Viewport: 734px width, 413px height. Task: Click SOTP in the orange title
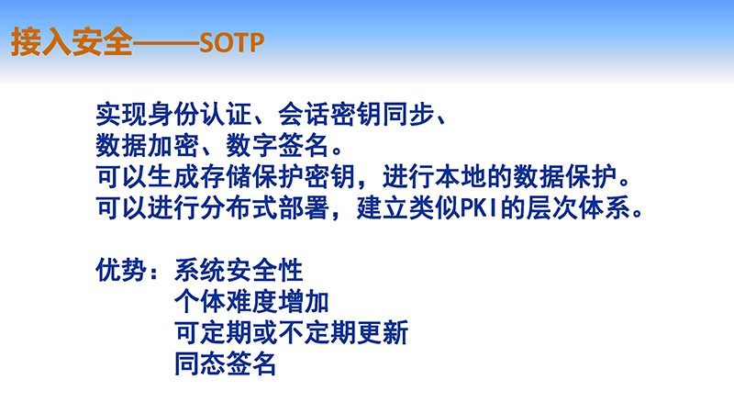pyautogui.click(x=232, y=42)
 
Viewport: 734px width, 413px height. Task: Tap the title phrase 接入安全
pyautogui.click(x=72, y=41)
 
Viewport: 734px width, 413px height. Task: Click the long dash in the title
pyautogui.click(x=166, y=43)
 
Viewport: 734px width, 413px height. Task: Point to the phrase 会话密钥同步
pyautogui.click(x=356, y=114)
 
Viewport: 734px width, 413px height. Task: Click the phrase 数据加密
pyautogui.click(x=148, y=145)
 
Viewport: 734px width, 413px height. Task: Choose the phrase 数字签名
pyautogui.click(x=278, y=145)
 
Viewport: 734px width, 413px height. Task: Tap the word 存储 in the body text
pyautogui.click(x=226, y=176)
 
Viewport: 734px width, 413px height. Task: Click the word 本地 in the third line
pyautogui.click(x=462, y=176)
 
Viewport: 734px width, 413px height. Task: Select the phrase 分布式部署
pyautogui.click(x=265, y=208)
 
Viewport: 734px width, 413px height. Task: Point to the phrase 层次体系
pyautogui.click(x=578, y=208)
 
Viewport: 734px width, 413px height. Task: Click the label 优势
pyautogui.click(x=122, y=270)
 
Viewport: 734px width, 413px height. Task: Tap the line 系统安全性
pyautogui.click(x=239, y=270)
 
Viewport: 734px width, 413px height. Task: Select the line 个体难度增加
pyautogui.click(x=251, y=302)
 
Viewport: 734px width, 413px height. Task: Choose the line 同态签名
pyautogui.click(x=226, y=364)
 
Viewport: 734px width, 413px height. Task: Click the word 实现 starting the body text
pyautogui.click(x=122, y=114)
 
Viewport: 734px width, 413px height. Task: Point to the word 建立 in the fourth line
pyautogui.click(x=383, y=208)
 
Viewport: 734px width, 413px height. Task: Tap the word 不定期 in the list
pyautogui.click(x=317, y=333)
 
